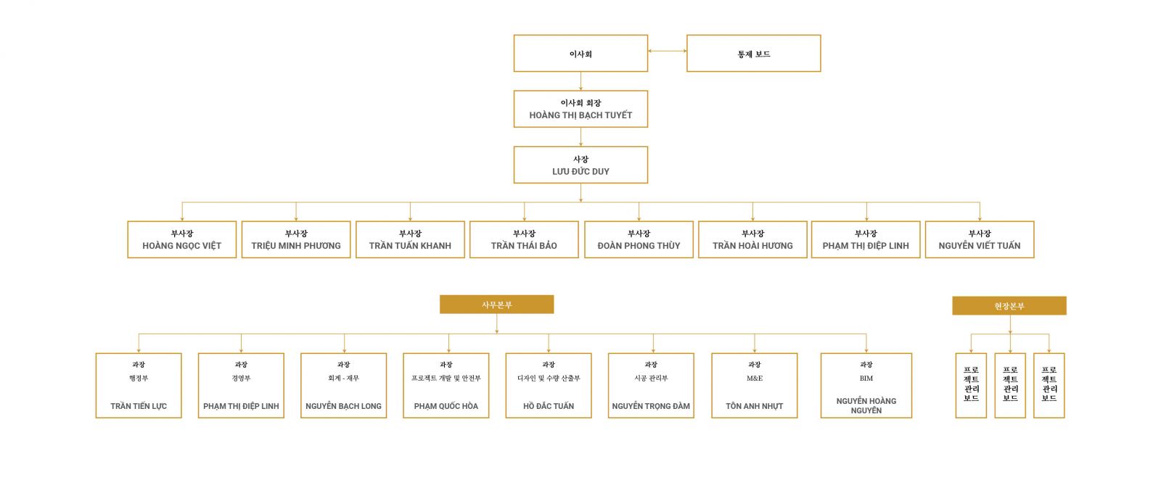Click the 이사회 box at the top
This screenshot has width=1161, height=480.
pos(580,54)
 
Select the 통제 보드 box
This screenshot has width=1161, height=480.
pos(753,54)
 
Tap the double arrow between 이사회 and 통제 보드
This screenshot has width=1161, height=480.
pos(667,51)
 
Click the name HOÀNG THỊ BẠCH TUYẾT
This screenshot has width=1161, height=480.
pos(580,115)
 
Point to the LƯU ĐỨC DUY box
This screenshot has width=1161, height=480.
pos(580,165)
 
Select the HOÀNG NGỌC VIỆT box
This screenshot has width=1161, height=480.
pos(181,240)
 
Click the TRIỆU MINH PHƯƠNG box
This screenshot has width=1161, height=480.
pos(296,240)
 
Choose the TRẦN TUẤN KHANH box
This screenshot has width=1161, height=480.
pos(410,240)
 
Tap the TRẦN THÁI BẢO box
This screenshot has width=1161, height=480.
pos(524,240)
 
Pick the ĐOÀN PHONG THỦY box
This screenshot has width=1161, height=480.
pos(639,240)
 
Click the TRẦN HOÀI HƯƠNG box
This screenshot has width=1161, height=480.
pos(752,240)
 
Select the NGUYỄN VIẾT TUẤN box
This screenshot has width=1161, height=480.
pos(980,240)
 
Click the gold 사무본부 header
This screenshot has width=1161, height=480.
pos(496,305)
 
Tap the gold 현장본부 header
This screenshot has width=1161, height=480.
pos(1009,306)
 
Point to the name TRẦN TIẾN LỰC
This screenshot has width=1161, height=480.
pos(139,406)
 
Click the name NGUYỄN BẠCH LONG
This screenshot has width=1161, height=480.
pos(343,406)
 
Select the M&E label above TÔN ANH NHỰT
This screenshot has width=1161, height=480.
pos(755,378)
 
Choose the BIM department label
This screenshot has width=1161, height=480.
pos(866,378)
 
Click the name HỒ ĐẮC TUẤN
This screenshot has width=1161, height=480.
pos(549,406)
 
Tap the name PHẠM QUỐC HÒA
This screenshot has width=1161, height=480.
pos(446,406)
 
